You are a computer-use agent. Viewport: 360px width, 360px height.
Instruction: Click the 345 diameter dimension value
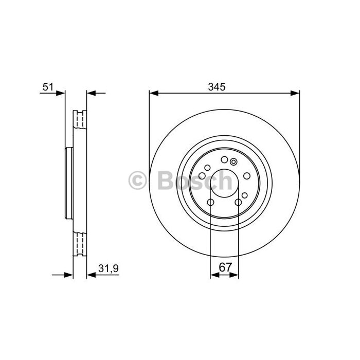217,87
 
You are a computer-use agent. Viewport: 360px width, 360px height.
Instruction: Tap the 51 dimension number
48,87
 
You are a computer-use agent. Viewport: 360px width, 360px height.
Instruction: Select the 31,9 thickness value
109,268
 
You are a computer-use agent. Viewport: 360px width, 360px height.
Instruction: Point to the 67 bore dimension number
226,267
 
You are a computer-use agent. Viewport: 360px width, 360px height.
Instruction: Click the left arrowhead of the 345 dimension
154,93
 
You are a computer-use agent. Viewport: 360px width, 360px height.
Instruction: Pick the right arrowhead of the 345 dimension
295,93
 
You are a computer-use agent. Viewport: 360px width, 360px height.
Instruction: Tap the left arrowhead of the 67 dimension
214,275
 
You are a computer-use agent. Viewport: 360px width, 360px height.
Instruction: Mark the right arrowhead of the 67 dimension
234,275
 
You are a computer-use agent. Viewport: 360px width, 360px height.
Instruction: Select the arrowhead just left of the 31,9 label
91,275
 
